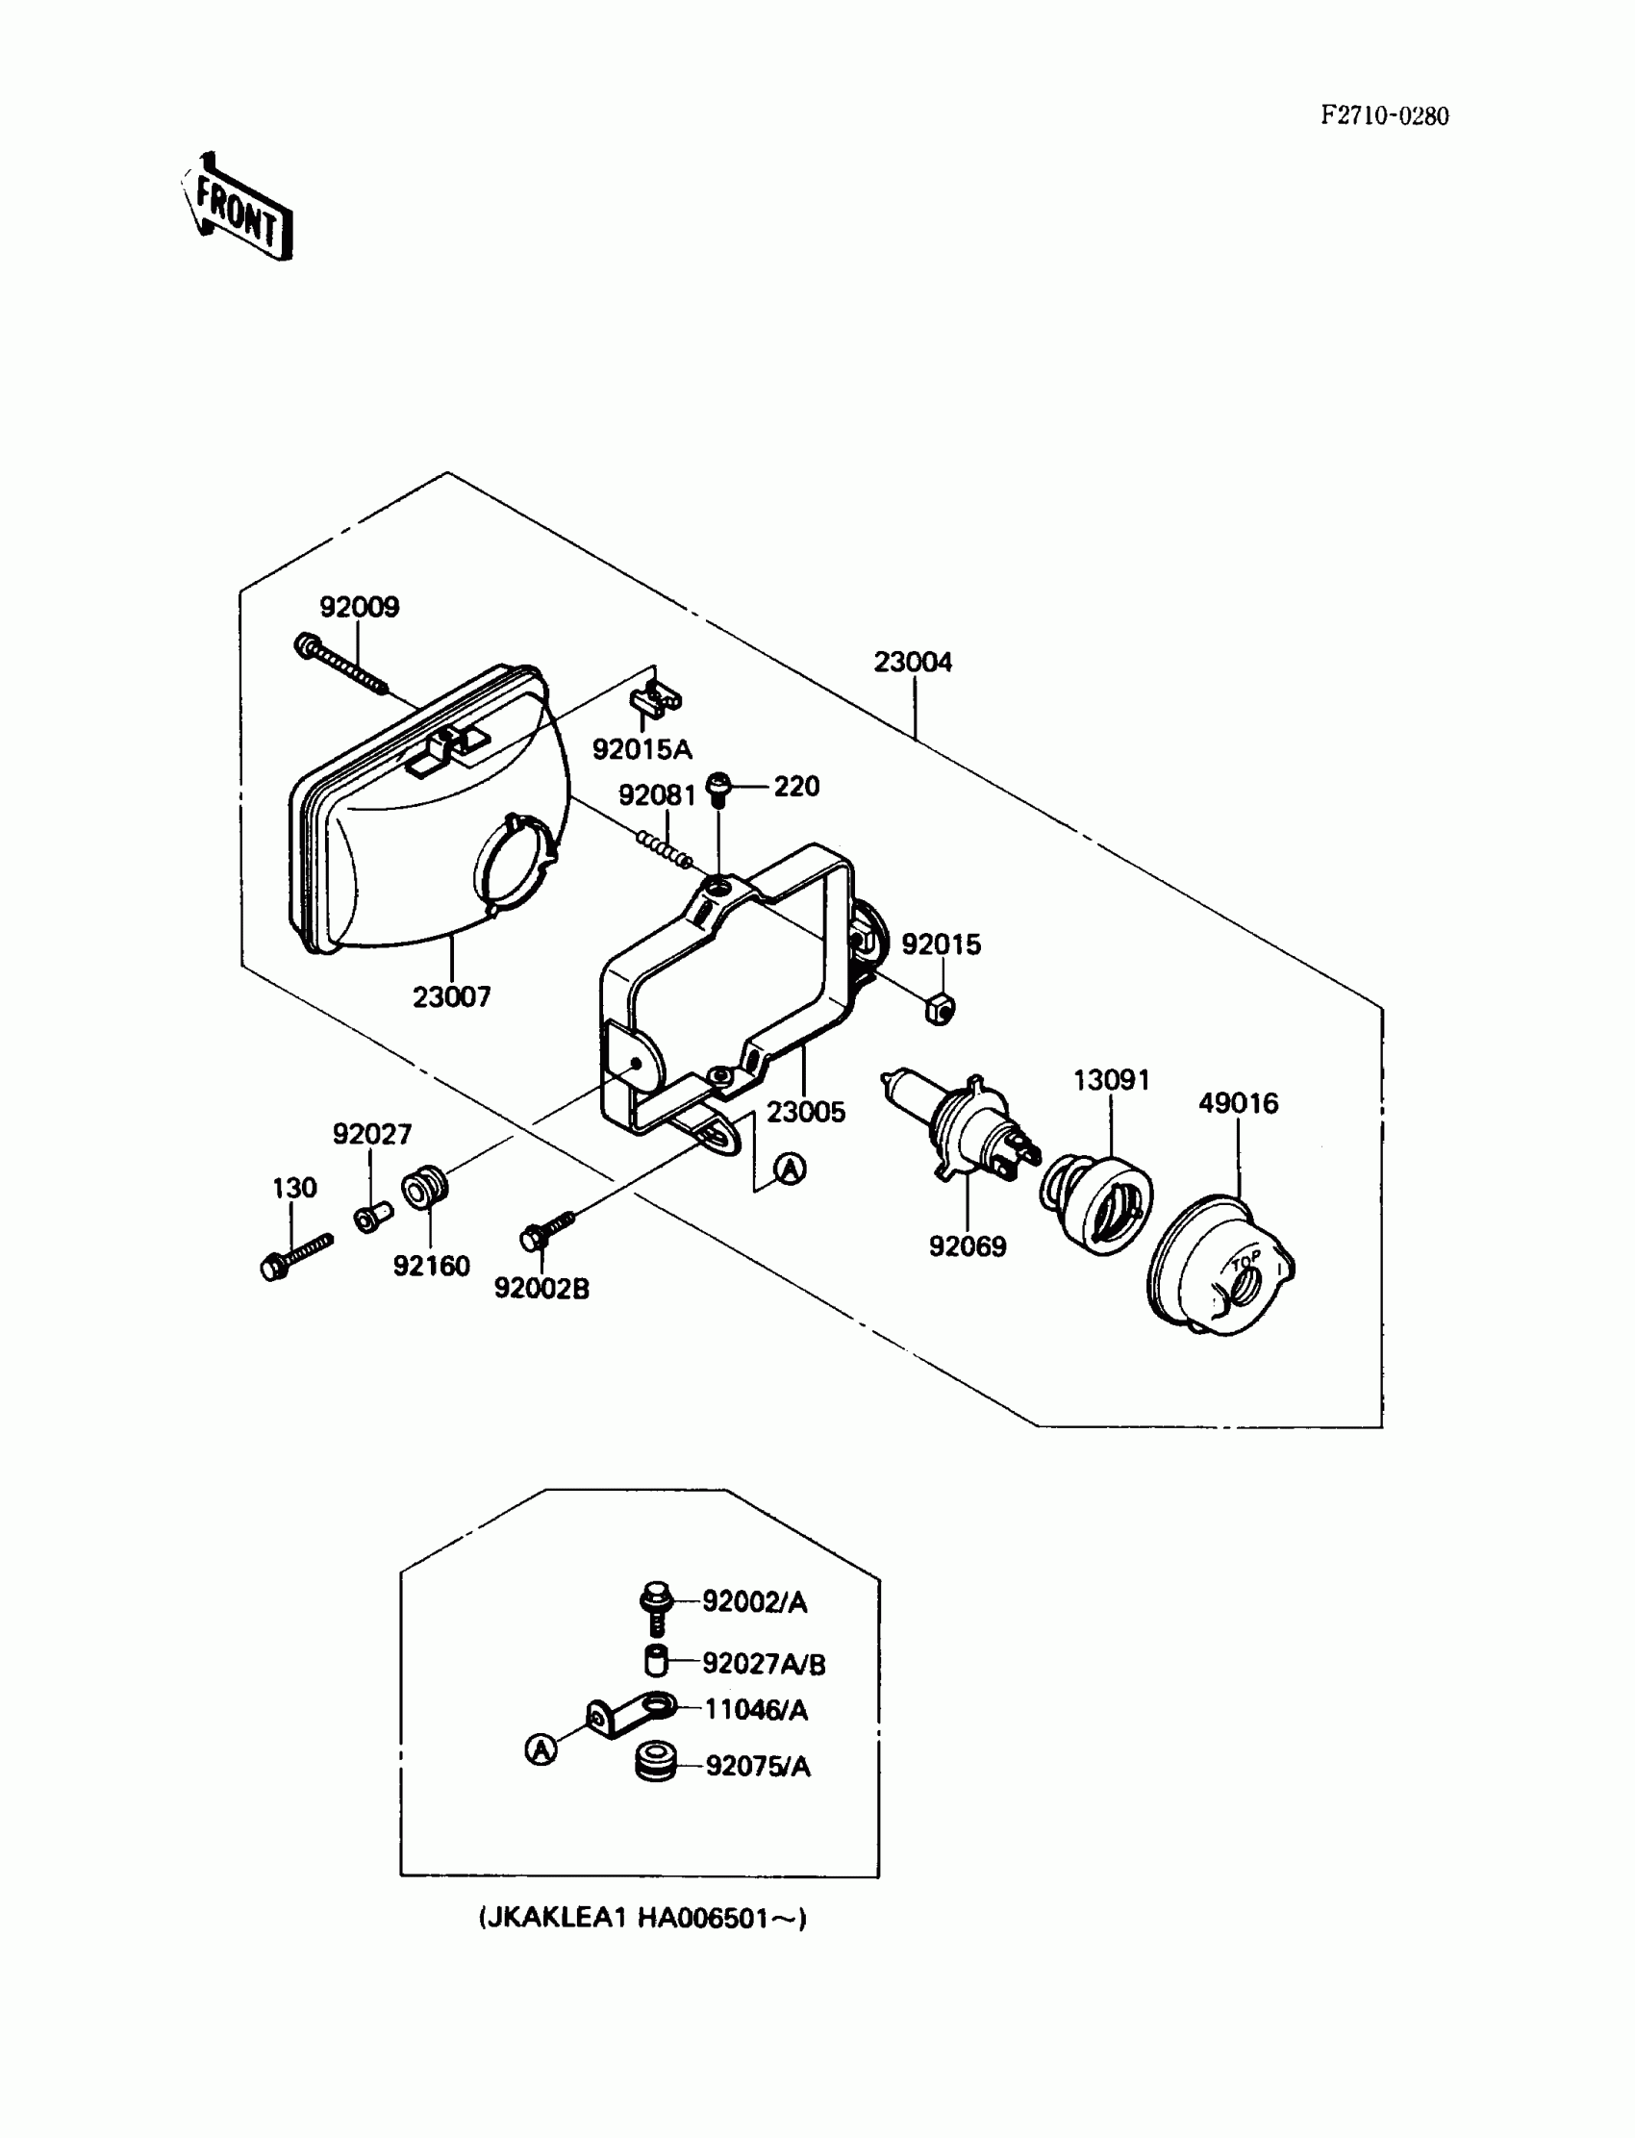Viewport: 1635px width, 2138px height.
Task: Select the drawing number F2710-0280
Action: pos(1384,115)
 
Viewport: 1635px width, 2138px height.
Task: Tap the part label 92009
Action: pos(359,607)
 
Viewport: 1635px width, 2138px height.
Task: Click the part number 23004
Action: pos(913,662)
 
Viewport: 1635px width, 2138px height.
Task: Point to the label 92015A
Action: pos(642,749)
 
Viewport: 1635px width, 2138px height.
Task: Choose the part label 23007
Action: pos(452,997)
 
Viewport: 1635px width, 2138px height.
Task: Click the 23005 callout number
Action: pos(806,1112)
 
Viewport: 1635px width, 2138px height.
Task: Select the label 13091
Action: pos(1112,1080)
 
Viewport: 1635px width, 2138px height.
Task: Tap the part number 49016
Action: pos(1238,1103)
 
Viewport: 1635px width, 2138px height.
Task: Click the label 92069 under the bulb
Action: pos(968,1246)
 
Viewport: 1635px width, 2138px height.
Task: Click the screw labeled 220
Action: pos(718,788)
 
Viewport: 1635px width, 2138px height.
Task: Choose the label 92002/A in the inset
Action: pos(755,1601)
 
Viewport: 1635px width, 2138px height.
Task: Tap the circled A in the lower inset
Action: pos(541,1748)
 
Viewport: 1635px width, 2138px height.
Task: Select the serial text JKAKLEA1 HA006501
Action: pos(642,1918)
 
